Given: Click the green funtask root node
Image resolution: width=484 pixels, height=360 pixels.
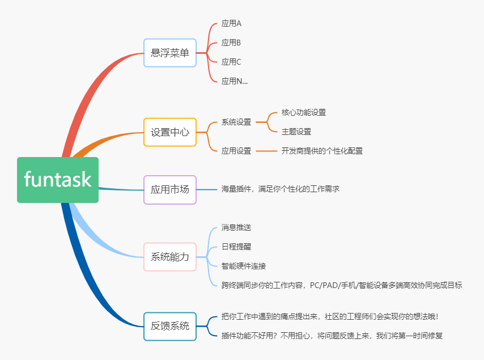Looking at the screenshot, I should click(58, 180).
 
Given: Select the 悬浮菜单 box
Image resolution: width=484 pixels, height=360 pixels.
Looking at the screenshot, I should click(170, 53).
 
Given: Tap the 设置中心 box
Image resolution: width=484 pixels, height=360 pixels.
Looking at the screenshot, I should click(170, 132).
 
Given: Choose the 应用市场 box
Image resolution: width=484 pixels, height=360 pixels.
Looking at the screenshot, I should click(170, 189).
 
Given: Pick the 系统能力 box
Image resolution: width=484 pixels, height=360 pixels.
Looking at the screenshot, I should click(170, 257).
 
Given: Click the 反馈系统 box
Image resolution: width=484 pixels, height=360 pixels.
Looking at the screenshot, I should click(170, 326).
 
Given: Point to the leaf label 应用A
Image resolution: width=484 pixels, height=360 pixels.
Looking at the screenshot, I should click(231, 24).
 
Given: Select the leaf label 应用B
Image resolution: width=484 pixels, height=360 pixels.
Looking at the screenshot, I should click(231, 43).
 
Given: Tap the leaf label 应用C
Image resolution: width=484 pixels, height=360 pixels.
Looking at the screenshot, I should click(231, 62).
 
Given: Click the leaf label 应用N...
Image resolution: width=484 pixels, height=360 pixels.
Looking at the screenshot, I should click(234, 81).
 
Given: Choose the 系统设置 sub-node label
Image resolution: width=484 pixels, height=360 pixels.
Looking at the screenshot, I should click(236, 122).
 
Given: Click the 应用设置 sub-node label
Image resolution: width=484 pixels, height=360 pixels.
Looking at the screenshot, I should click(236, 151).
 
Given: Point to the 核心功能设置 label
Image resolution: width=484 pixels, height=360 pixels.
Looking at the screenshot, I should click(304, 112).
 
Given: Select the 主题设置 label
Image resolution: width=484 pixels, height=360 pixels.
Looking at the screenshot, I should click(296, 132).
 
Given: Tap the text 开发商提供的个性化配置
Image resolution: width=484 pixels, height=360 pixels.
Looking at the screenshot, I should click(322, 151).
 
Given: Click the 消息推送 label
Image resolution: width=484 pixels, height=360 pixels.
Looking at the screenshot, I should click(236, 227).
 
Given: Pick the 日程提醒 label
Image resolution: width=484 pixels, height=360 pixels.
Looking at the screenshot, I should click(236, 247).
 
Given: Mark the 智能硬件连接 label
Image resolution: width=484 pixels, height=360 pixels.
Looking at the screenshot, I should click(244, 266).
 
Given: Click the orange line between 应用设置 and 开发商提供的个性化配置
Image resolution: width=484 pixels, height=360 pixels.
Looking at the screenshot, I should click(266, 151).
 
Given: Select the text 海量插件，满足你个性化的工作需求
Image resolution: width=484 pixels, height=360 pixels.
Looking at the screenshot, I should click(280, 189).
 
